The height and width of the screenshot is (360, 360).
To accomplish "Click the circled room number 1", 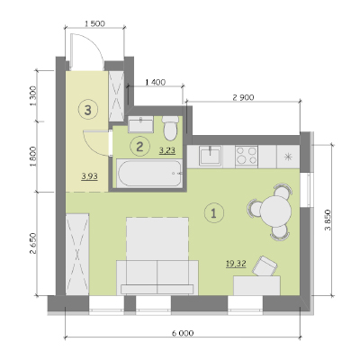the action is pyautogui.click(x=214, y=212).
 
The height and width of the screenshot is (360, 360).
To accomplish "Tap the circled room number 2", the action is pyautogui.click(x=139, y=147).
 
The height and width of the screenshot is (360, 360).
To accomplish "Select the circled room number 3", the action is pyautogui.click(x=87, y=110).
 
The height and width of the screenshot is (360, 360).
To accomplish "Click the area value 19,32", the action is pyautogui.click(x=236, y=264).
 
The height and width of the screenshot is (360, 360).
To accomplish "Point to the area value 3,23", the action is pyautogui.click(x=167, y=150).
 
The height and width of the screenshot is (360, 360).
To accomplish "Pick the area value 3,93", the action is pyautogui.click(x=89, y=176).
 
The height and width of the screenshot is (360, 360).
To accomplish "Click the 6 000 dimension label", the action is pyautogui.click(x=183, y=333).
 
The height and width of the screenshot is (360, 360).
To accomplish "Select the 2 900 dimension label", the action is pyautogui.click(x=243, y=97).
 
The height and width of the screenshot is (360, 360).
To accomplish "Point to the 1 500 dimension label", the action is pyautogui.click(x=94, y=23).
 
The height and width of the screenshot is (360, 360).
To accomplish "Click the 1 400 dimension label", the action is pyautogui.click(x=155, y=82).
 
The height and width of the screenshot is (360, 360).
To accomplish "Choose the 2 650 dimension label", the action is pyautogui.click(x=33, y=243).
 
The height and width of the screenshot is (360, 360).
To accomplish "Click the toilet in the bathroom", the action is pyautogui.click(x=170, y=129).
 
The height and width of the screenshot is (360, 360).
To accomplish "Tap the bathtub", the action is pyautogui.click(x=149, y=174).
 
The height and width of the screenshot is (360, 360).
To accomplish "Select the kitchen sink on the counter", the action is pyautogui.click(x=211, y=155).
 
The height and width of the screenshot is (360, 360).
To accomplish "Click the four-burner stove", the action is pyautogui.click(x=247, y=156).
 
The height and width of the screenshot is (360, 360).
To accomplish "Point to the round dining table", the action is pyautogui.click(x=275, y=211).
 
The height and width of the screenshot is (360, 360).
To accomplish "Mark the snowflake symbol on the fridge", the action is pyautogui.click(x=288, y=157).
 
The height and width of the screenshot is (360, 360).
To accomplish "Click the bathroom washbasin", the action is pyautogui.click(x=140, y=124).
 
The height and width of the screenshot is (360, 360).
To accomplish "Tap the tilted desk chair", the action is pyautogui.click(x=265, y=266).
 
